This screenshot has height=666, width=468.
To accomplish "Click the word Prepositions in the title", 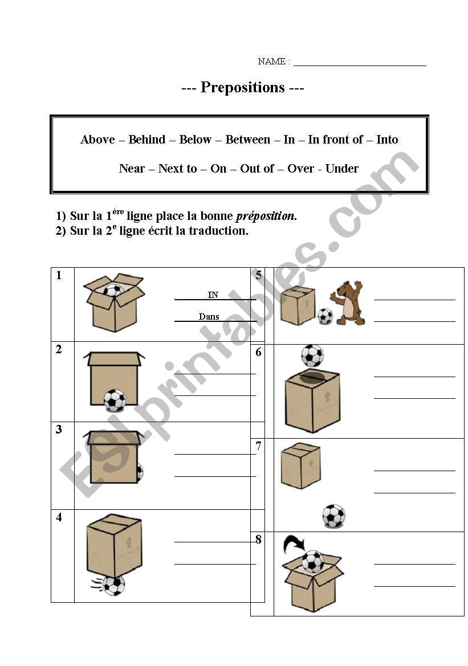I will point(242,87).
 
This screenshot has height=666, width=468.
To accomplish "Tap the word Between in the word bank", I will point(247,140).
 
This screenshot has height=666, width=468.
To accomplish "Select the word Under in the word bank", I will point(342,169).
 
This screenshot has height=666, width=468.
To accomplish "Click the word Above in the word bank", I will point(98,140).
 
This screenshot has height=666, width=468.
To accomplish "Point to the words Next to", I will point(177,169).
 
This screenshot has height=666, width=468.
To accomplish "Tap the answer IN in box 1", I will point(213,295).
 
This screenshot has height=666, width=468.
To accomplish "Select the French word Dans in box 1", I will point(209,317).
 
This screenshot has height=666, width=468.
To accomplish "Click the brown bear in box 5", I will point(348,303).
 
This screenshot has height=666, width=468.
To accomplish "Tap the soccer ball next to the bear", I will point(325,316).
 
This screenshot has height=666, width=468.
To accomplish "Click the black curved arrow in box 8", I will point(294,544).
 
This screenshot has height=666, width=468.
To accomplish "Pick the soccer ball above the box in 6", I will point(312,356).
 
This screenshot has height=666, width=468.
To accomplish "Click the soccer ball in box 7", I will point(333,516).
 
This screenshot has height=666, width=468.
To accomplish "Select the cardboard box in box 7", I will point(300,465).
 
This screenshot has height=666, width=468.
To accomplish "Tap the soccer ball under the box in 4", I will point(113,585).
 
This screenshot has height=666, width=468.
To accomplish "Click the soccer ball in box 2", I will point(115,401).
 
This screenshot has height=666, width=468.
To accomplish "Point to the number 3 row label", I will point(59,430).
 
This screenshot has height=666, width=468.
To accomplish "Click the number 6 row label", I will point(258,352).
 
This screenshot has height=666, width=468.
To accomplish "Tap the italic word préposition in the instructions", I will point(266,216).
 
